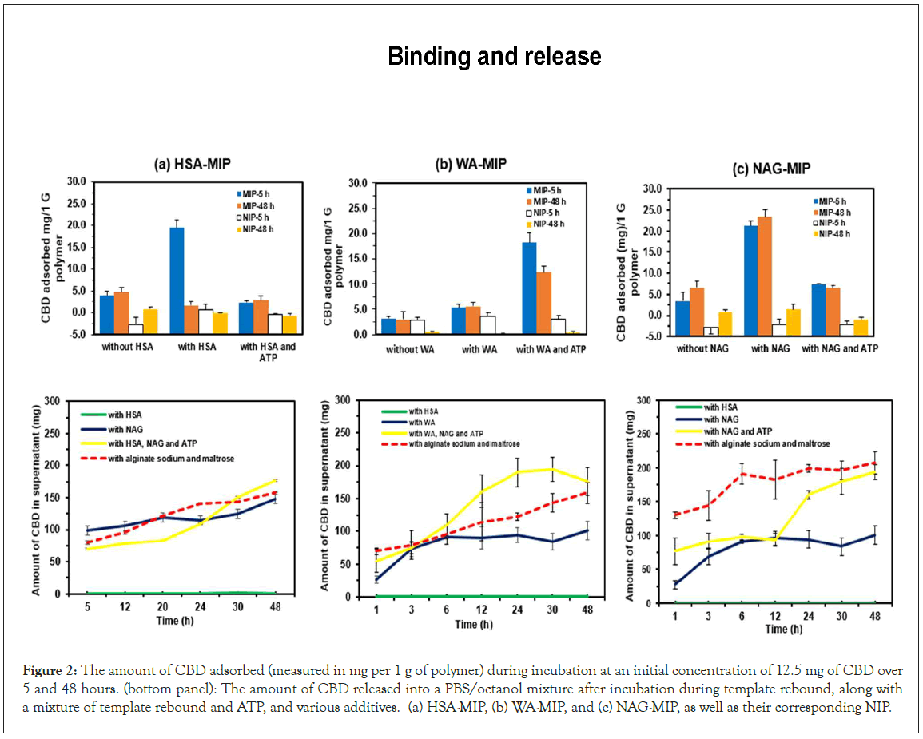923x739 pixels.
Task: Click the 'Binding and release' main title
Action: coord(494,57)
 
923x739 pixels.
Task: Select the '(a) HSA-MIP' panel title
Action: coord(193,165)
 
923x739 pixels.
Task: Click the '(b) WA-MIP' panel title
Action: coord(470,165)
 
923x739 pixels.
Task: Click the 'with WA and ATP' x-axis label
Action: coord(551,349)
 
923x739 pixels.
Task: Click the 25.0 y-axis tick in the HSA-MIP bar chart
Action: coord(76,203)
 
